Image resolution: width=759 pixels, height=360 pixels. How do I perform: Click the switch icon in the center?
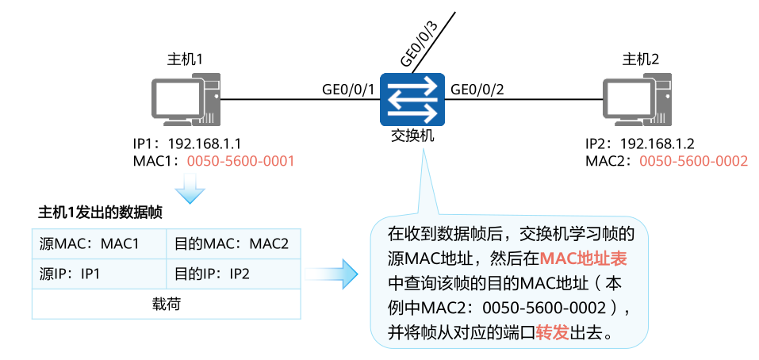pyautogui.click(x=411, y=99)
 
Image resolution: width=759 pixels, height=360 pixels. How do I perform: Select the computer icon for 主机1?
pyautogui.click(x=185, y=101)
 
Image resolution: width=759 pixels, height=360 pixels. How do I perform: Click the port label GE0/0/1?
pyautogui.click(x=347, y=88)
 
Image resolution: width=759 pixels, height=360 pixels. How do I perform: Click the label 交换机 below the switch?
pyautogui.click(x=412, y=136)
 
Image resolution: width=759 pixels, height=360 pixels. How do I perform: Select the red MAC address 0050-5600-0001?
pyautogui.click(x=240, y=161)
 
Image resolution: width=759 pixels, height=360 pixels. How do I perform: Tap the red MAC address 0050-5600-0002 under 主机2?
pyautogui.click(x=693, y=161)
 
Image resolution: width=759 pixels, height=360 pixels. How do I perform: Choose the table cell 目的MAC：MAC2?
pyautogui.click(x=232, y=243)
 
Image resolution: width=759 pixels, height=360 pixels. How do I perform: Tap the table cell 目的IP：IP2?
pyautogui.click(x=213, y=274)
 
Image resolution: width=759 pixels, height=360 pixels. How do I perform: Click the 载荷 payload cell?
pyautogui.click(x=167, y=304)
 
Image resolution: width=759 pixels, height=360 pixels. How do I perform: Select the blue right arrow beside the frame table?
pyautogui.click(x=332, y=274)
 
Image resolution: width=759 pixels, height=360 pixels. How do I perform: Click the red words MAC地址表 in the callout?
pyautogui.click(x=584, y=258)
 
